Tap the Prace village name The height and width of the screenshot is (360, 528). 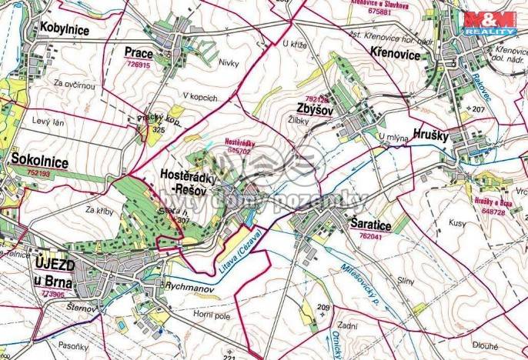(x=139, y=52)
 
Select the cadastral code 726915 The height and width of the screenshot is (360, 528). (x=138, y=66)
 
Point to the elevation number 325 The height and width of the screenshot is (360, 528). (x=159, y=131)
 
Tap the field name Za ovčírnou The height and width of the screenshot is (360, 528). (x=74, y=82)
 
